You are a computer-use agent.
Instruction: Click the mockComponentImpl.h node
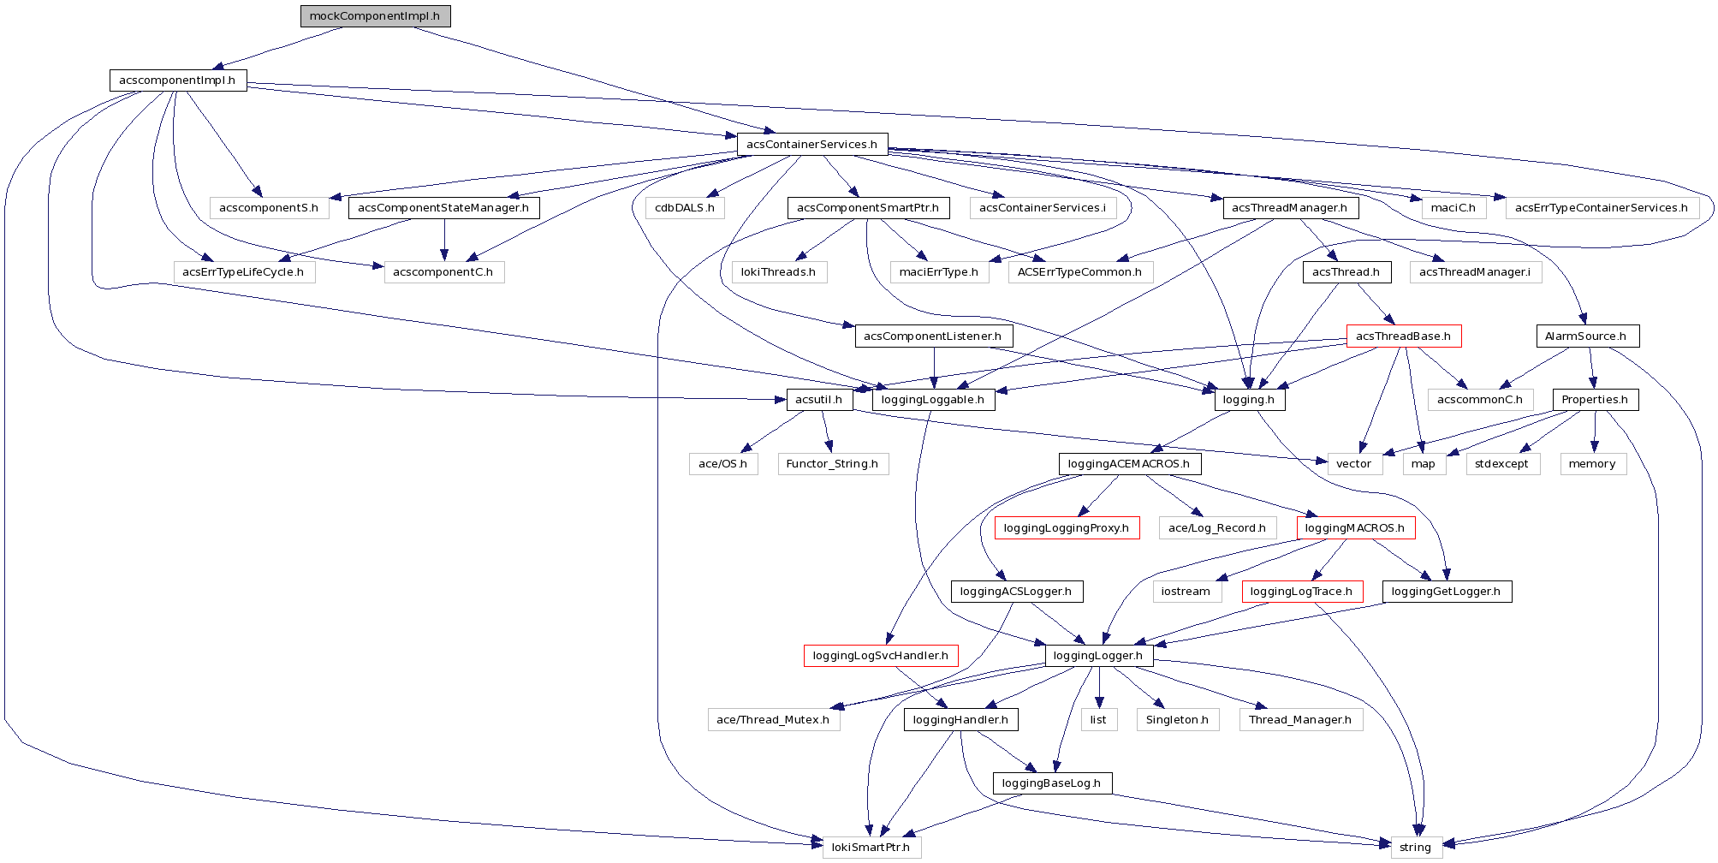coord(375,16)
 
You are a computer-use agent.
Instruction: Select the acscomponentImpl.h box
coord(177,80)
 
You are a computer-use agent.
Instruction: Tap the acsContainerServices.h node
coord(811,144)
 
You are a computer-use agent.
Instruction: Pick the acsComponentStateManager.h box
coord(443,208)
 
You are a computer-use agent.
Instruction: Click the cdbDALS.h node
coord(685,208)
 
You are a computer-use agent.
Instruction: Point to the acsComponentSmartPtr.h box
coord(868,208)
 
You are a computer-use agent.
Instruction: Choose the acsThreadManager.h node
coord(1289,208)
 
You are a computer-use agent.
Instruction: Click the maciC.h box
coord(1453,208)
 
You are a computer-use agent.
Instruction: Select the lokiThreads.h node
coord(778,272)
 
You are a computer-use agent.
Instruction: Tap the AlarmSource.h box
coord(1586,336)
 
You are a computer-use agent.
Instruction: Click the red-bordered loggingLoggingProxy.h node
coord(1066,528)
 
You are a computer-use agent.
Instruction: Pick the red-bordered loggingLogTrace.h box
coord(1301,592)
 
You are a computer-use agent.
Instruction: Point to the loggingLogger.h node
coord(1098,656)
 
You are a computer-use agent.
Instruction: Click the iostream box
coord(1186,592)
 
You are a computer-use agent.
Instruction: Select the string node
coord(1415,848)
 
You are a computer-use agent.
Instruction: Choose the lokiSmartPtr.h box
coord(871,848)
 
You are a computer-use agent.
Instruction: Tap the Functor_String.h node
coord(832,464)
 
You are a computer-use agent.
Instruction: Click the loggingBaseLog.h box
coord(1051,783)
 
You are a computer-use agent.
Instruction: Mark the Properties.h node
coord(1595,400)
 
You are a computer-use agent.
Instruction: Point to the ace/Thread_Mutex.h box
coord(773,720)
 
